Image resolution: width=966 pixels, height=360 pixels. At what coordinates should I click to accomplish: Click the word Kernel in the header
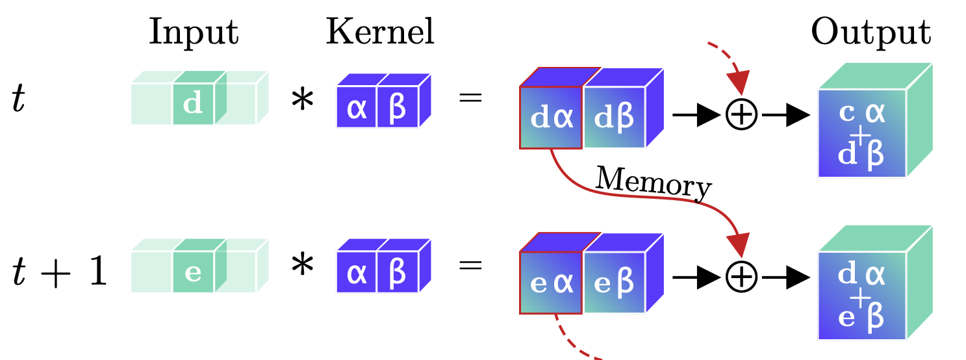[x=379, y=32]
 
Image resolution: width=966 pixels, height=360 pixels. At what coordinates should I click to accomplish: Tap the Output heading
[x=871, y=32]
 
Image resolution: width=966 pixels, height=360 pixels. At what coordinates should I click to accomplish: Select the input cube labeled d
[x=193, y=105]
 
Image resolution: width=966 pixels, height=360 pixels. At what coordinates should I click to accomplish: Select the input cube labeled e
[x=193, y=272]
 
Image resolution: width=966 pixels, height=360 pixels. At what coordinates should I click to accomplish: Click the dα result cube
[x=552, y=118]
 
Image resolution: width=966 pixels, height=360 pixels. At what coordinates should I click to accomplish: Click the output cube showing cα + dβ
[x=861, y=133]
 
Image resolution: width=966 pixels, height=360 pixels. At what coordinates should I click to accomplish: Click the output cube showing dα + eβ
[x=861, y=296]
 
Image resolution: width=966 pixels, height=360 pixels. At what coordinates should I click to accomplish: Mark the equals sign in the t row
[x=470, y=99]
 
